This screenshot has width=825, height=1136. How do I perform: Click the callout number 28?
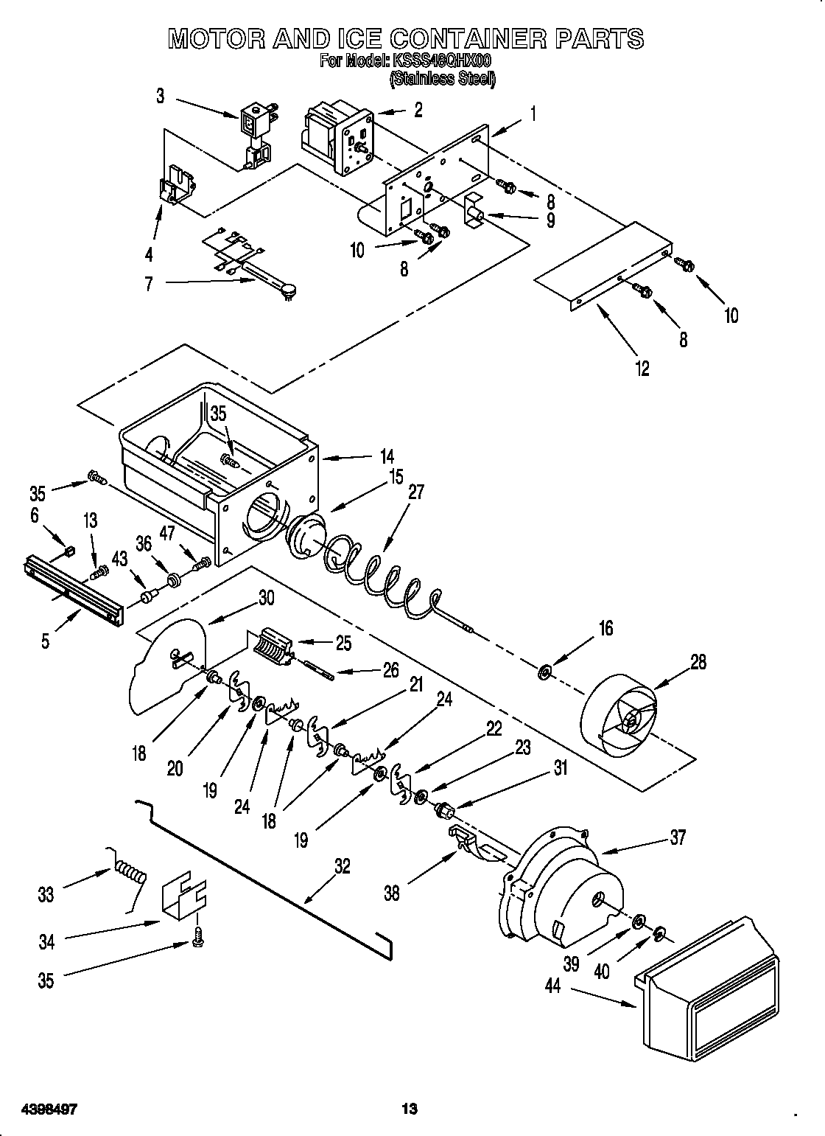698,662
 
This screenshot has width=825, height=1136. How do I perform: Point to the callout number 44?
552,986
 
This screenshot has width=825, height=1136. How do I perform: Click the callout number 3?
160,96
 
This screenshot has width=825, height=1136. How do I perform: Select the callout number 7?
150,283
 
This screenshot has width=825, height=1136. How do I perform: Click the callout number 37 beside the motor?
677,837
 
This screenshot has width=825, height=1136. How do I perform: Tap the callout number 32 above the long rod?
342,866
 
